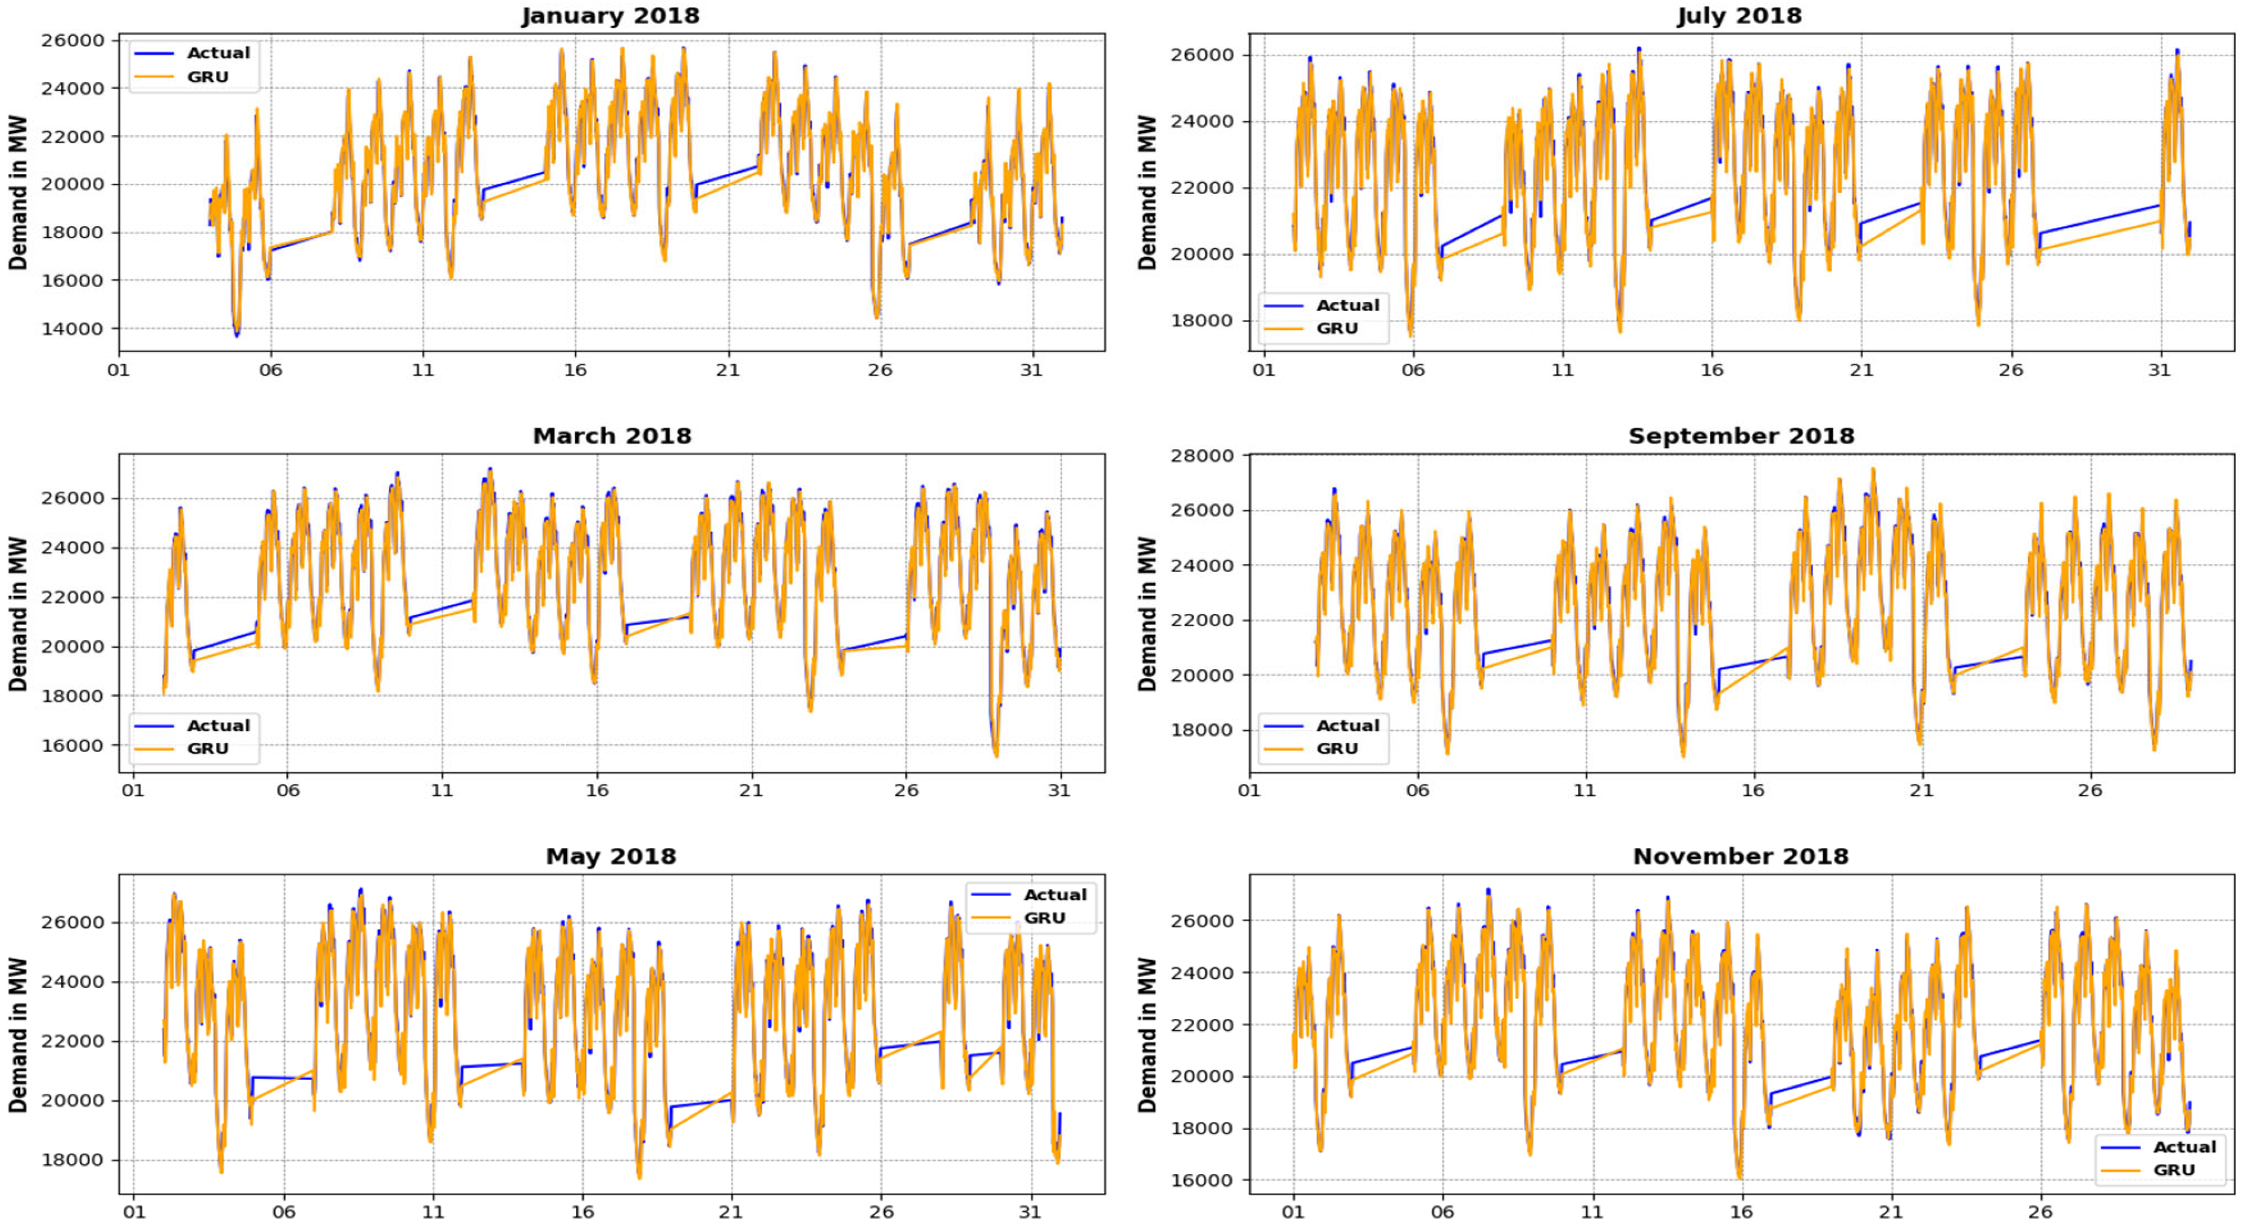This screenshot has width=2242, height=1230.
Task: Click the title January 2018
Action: [610, 16]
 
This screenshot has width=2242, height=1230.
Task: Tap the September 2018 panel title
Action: [1741, 436]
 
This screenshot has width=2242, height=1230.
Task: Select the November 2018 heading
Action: [1741, 856]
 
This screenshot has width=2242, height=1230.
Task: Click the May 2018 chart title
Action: [611, 856]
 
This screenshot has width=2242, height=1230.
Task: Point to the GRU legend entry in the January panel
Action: [207, 76]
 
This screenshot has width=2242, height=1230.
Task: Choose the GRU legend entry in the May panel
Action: [1045, 918]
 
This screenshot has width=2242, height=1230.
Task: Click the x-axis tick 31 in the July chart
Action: [2159, 370]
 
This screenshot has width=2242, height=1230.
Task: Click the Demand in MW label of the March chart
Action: [18, 613]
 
